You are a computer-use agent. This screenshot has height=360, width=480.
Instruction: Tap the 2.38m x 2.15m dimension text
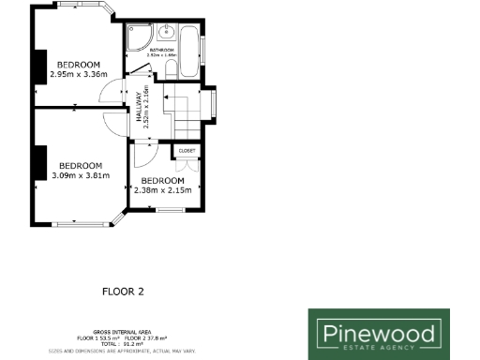pos(162,190)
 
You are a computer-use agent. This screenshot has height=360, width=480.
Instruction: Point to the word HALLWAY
pos(138,98)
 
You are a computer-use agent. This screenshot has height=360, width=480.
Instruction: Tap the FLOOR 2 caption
pos(123,292)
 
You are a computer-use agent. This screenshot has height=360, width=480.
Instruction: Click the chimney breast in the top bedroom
pos(39,66)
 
